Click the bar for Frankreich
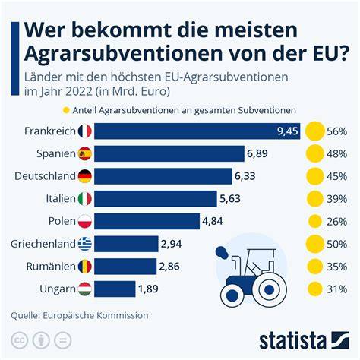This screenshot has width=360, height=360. pyautogui.click(x=197, y=131)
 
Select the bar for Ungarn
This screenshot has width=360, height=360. pyautogui.click(x=115, y=289)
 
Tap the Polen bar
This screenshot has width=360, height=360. pyautogui.click(x=147, y=221)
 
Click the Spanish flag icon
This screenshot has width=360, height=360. pyautogui.click(x=85, y=153)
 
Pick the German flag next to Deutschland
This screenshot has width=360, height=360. pyautogui.click(x=85, y=176)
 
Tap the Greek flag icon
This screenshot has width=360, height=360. pyautogui.click(x=85, y=244)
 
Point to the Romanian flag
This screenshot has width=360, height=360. pyautogui.click(x=85, y=267)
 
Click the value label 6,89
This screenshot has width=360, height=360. pyautogui.click(x=257, y=153)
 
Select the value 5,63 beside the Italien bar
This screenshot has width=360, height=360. pyautogui.click(x=230, y=199)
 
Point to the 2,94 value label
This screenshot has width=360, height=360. pyautogui.click(x=172, y=244)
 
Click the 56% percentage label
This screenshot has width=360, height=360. pyautogui.click(x=336, y=131)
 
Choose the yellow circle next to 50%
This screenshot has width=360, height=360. pyautogui.click(x=315, y=244)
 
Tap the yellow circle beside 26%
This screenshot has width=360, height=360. pyautogui.click(x=315, y=221)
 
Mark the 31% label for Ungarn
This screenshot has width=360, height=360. pyautogui.click(x=336, y=289)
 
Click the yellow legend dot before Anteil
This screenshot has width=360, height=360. pyautogui.click(x=66, y=110)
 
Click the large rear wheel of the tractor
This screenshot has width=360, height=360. pyautogui.click(x=270, y=289)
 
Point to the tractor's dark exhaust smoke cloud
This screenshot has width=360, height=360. pyautogui.click(x=222, y=253)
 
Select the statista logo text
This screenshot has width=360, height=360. pyautogui.click(x=292, y=340)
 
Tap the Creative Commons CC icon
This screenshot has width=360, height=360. pyautogui.click(x=19, y=340)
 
